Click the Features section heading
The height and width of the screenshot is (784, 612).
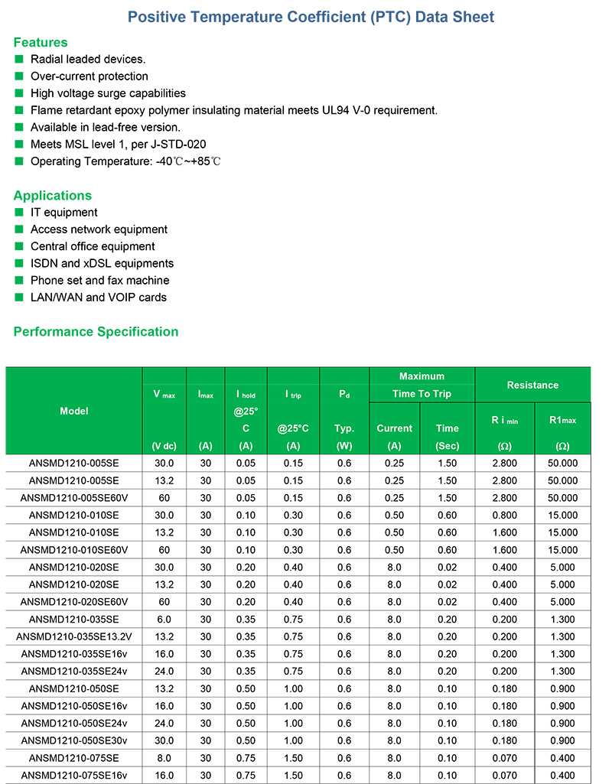coord(41,42)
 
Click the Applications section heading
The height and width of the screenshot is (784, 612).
coord(52,195)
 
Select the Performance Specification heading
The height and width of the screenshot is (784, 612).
coord(96,331)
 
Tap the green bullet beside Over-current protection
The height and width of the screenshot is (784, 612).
coord(19,76)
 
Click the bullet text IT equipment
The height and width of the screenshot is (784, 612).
coord(64,212)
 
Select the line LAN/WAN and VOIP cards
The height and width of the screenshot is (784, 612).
coord(98,297)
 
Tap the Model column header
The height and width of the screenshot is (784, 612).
coord(73,411)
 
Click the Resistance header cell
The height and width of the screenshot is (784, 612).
coord(532,385)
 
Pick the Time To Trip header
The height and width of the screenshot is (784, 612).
coord(422,394)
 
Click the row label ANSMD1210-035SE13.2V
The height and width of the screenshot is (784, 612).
coord(73,636)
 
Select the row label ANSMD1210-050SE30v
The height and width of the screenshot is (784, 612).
coord(73,741)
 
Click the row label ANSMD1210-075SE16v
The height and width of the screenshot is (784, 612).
coord(73,776)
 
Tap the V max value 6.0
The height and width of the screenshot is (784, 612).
coord(164,619)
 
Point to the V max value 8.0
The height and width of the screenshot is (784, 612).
coord(164,758)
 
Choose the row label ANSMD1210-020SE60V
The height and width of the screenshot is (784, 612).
coord(73,601)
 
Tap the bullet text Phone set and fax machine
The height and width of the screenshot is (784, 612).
coord(99,280)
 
